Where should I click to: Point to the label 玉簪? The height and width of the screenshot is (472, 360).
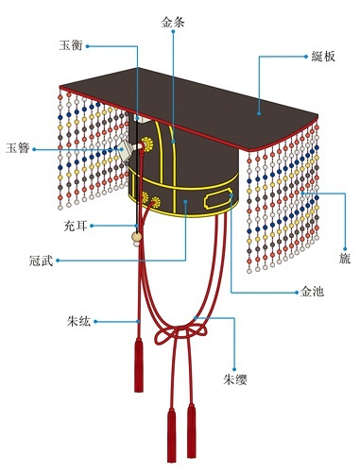coord(18,147)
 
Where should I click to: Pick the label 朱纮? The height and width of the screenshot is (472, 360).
coord(80,322)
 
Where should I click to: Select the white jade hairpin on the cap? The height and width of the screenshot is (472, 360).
coord(122,150)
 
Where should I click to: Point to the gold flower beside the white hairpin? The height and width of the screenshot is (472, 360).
coord(146,145)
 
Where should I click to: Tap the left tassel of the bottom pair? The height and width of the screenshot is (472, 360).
coord(171,430)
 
